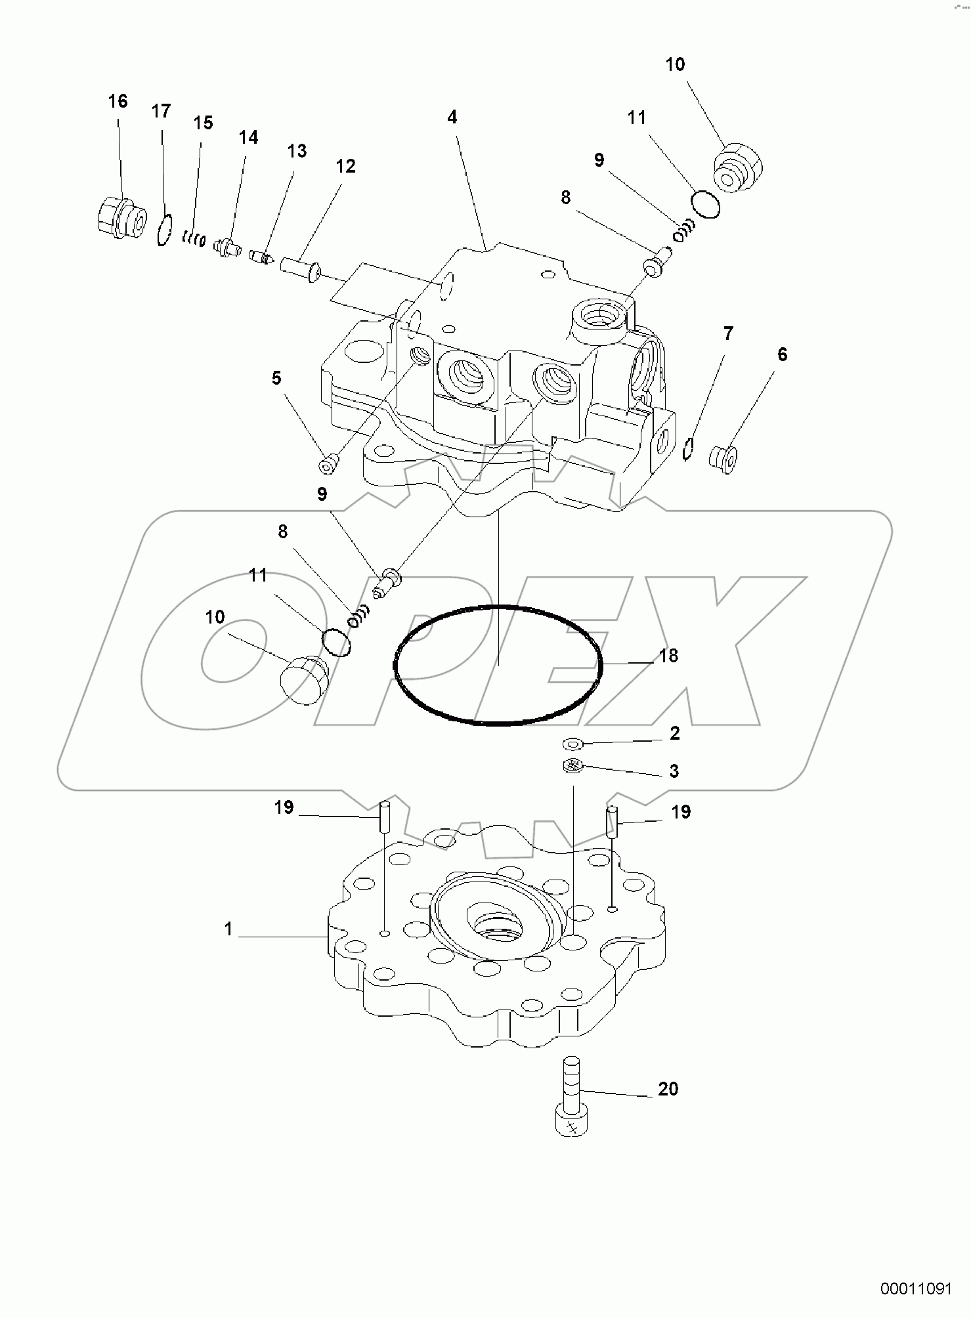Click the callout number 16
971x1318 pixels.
tap(118, 101)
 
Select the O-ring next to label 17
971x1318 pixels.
tap(164, 230)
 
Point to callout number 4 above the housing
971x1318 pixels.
tap(452, 117)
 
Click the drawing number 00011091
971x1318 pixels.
tap(917, 1289)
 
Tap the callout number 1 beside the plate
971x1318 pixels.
tap(228, 929)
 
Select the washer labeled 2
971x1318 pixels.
tap(573, 744)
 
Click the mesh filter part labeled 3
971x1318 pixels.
tap(573, 766)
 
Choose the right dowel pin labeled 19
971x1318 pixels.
tap(612, 821)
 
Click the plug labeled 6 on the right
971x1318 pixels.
tap(724, 458)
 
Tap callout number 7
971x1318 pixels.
tap(728, 333)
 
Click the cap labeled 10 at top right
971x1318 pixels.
tap(737, 169)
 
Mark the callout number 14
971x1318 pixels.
tap(248, 137)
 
